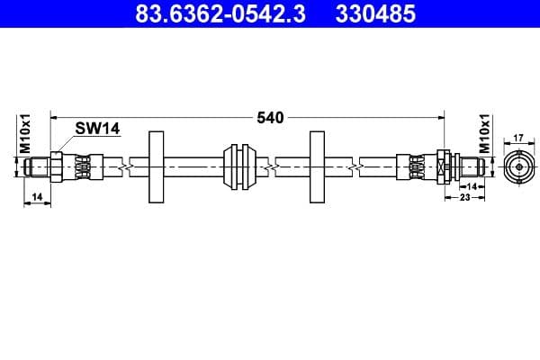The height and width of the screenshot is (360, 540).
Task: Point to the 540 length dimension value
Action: point(271,117)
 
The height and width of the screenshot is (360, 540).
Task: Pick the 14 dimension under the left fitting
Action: point(36,195)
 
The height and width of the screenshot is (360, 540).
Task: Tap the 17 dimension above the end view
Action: point(517,138)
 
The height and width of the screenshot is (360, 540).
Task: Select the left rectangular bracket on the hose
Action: point(157,166)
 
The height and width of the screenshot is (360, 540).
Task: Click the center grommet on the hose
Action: point(240,166)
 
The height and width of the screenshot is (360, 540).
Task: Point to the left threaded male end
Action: point(36,166)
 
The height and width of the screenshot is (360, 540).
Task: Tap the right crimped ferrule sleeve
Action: point(419,166)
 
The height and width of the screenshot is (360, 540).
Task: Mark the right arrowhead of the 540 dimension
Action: point(442,117)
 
